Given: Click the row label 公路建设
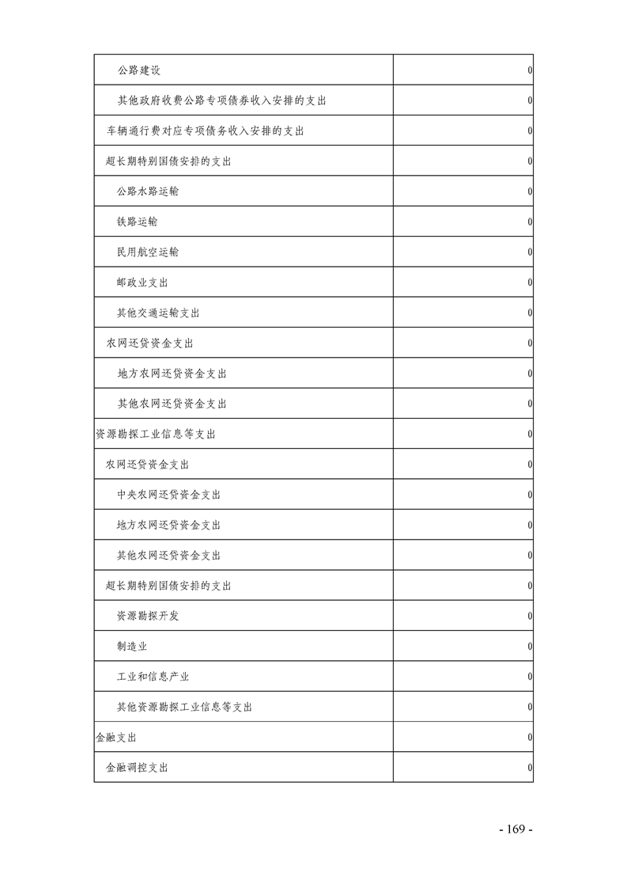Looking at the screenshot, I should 139,70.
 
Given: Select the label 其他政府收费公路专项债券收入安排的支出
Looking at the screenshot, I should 222,101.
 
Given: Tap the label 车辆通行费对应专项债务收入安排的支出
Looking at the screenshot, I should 206,131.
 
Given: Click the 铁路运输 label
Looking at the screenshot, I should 137,222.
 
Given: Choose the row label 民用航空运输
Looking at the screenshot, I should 148,252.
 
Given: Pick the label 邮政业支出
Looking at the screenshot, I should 142,283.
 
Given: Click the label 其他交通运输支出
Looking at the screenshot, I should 158,313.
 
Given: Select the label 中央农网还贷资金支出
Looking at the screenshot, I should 168,495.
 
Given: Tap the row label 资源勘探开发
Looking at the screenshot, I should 148,616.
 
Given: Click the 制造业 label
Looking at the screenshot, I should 132,647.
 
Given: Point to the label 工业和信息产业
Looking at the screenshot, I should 153,677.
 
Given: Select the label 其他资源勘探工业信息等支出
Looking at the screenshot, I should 185,707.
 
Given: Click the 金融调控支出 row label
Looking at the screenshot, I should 137,768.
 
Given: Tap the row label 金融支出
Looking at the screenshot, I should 115,738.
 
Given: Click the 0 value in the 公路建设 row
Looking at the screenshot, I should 529,70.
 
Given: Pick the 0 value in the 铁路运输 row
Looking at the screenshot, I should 529,222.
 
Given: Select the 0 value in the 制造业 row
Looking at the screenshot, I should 529,647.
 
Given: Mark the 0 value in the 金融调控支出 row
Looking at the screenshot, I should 529,768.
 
